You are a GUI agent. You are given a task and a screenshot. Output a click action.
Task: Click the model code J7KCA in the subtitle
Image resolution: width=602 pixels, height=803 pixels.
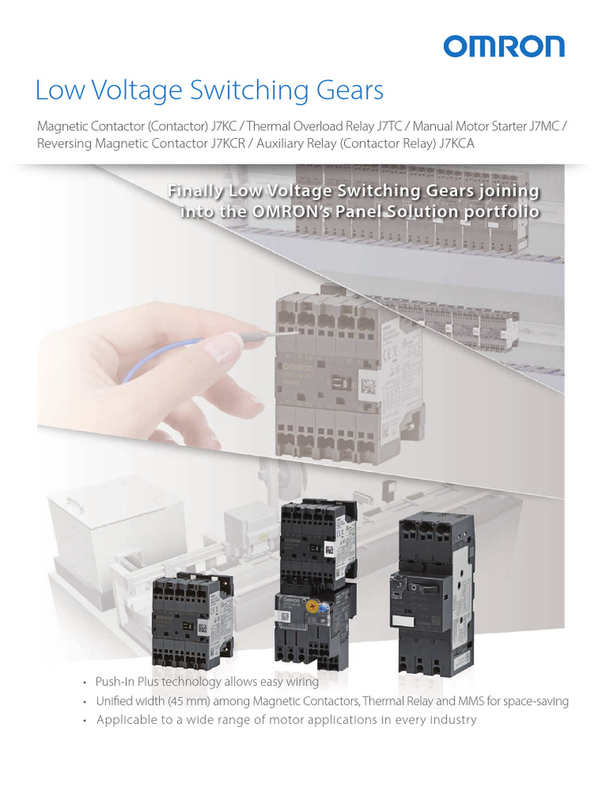(x=457, y=144)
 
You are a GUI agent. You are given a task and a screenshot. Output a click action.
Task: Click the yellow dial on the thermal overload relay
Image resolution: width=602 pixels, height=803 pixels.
(x=317, y=606)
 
